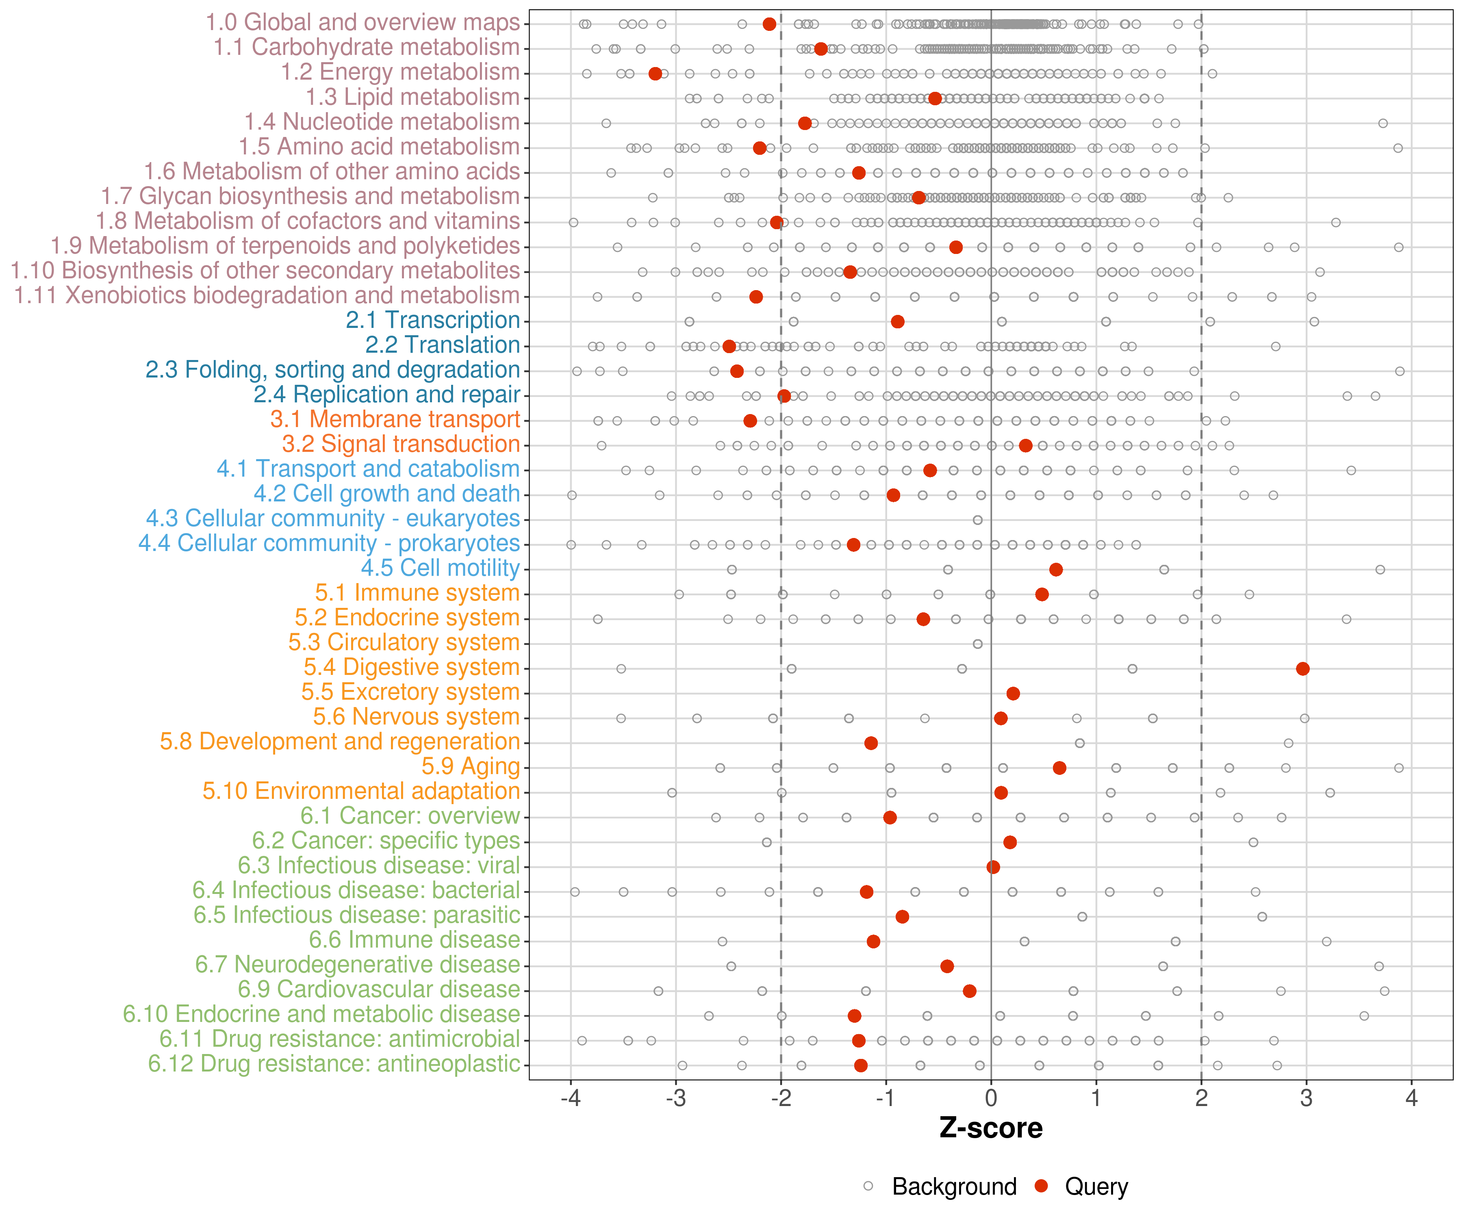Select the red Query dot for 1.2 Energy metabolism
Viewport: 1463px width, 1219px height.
[x=655, y=74]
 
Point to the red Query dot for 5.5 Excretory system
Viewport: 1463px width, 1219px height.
[x=1014, y=694]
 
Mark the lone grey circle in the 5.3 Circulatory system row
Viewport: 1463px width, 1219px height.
[x=977, y=644]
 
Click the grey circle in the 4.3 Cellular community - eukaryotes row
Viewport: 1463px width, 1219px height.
[x=977, y=521]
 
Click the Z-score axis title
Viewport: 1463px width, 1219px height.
[x=991, y=1128]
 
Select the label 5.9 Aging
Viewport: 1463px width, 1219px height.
[x=470, y=766]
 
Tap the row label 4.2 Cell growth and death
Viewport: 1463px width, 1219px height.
[x=386, y=493]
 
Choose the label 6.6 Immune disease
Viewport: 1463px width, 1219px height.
[x=415, y=940]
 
